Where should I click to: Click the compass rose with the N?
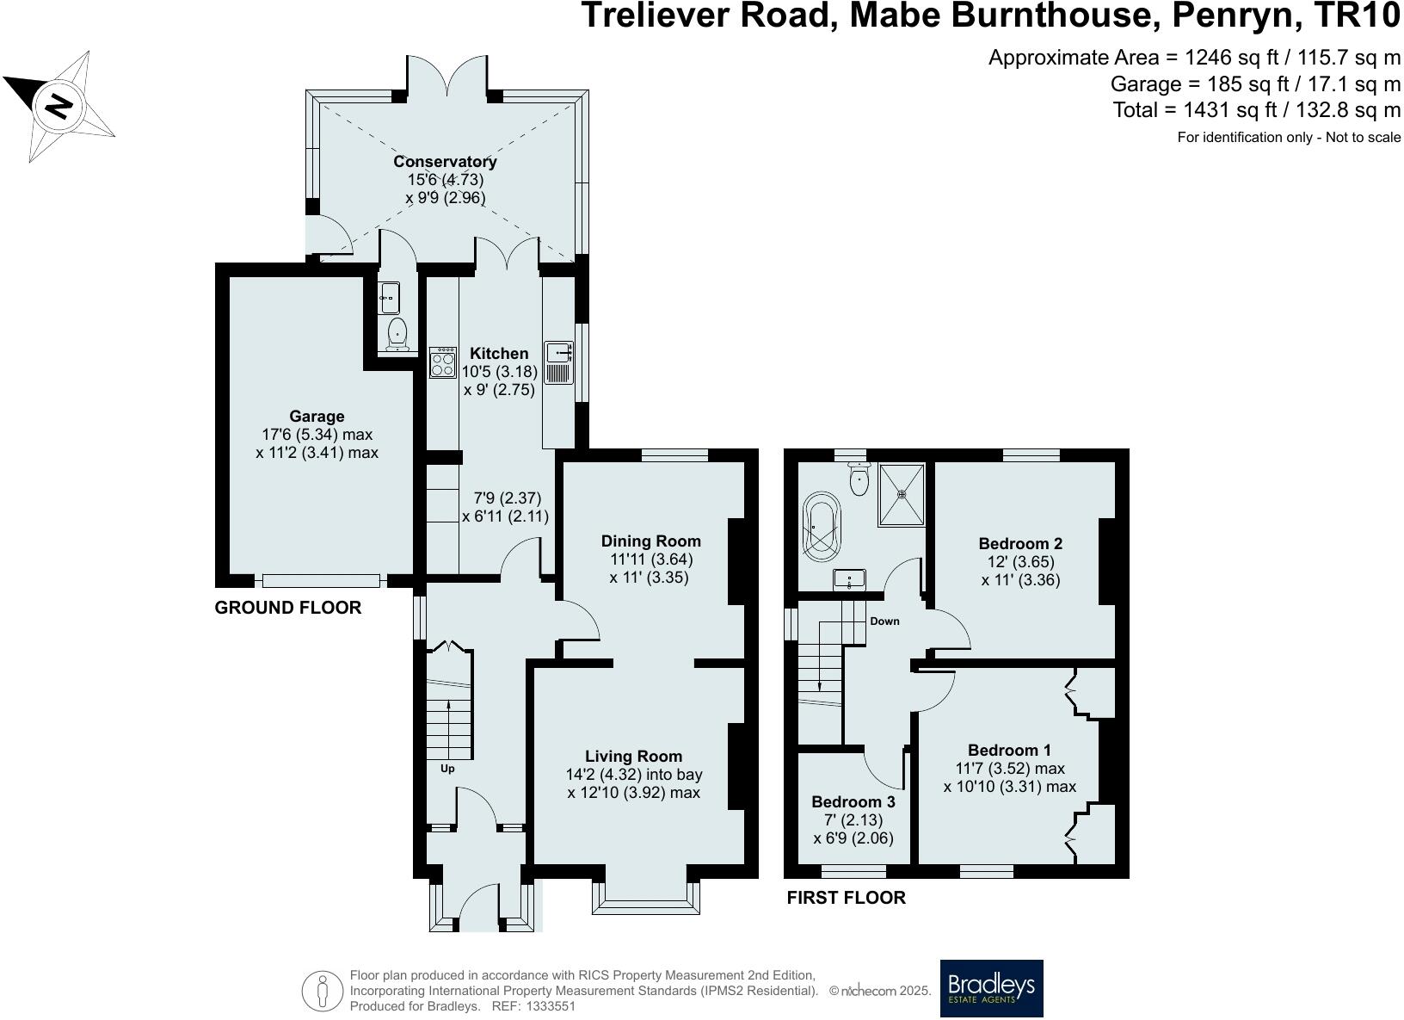point(58,106)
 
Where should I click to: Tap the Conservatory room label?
point(445,162)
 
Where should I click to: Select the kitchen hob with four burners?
point(442,362)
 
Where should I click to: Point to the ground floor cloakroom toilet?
point(397,334)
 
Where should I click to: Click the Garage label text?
point(317,417)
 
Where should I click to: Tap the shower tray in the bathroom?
point(902,494)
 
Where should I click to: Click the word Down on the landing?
point(884,621)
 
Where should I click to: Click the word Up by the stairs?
point(447,769)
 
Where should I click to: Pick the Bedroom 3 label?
point(853,802)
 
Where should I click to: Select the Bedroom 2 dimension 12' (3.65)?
point(1020,562)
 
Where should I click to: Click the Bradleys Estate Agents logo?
point(991,987)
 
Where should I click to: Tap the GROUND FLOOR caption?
point(287,608)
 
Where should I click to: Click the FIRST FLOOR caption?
point(846,898)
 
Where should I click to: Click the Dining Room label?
point(650,541)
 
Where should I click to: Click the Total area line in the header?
point(1256,110)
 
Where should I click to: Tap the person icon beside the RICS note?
point(323,991)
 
